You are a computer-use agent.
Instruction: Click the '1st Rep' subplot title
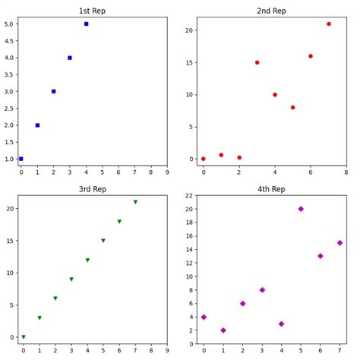coord(93,11)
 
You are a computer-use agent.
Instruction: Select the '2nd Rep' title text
coord(271,11)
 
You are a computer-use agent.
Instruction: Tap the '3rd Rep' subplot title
coord(93,189)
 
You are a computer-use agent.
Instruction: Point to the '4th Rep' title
coord(271,189)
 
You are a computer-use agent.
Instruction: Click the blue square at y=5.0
coord(86,24)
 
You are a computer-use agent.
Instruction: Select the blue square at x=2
coord(53,91)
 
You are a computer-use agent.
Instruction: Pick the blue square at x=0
coord(21,159)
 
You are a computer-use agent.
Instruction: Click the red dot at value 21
coord(329,24)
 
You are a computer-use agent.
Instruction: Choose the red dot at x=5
coord(292,107)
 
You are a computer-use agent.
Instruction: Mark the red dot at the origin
coord(203,159)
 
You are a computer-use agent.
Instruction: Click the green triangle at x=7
coord(135,202)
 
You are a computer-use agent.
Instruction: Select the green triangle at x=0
coord(23,337)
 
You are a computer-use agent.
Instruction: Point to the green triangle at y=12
coord(87,260)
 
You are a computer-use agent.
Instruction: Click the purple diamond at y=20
coord(301,209)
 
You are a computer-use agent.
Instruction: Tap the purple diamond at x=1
coord(223,330)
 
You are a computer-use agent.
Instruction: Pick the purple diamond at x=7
coord(339,243)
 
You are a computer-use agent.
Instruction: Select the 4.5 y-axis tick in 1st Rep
coord(10,41)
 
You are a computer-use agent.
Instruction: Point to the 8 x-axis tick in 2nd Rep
coord(346,172)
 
